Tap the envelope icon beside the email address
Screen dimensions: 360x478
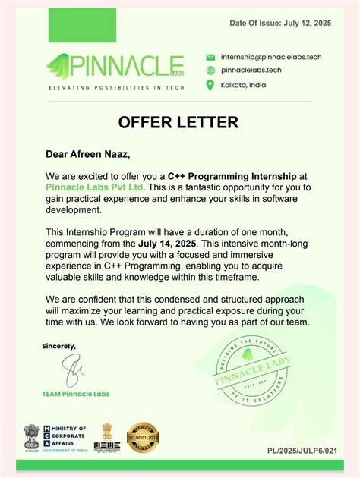210,57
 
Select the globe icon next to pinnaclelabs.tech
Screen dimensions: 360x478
210,71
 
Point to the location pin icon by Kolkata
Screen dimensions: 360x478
210,85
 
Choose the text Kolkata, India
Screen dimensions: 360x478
243,85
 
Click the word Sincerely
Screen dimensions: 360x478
58,346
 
